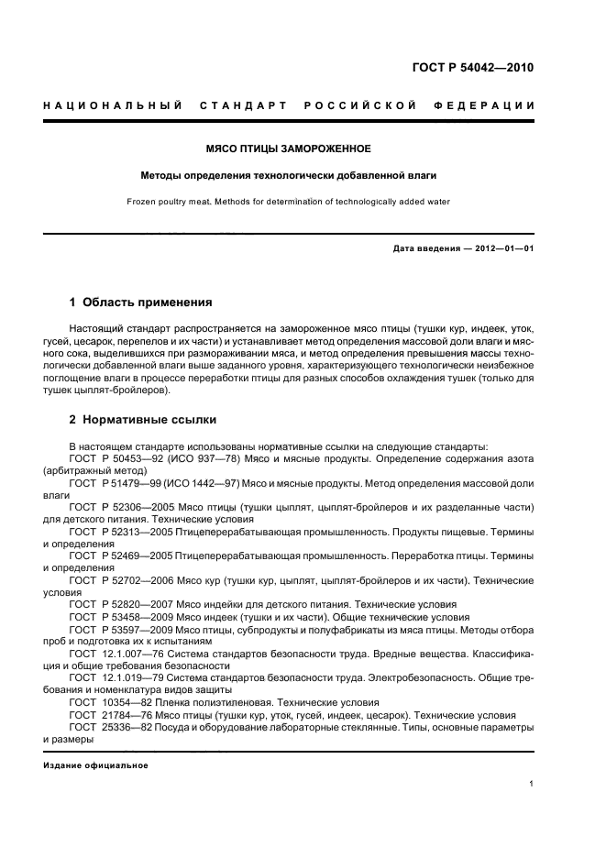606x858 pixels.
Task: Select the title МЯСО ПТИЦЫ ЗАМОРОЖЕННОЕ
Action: (x=288, y=148)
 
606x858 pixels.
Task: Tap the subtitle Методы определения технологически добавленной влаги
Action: (x=288, y=174)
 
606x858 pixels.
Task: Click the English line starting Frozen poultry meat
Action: (x=288, y=202)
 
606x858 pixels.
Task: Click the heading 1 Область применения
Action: (x=141, y=302)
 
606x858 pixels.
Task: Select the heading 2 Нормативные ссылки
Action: (x=143, y=420)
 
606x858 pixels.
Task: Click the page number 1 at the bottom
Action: (x=532, y=784)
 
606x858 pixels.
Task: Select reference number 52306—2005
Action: (x=142, y=506)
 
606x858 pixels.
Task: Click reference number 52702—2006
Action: (x=142, y=580)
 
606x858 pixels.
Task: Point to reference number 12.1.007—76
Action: (x=133, y=653)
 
